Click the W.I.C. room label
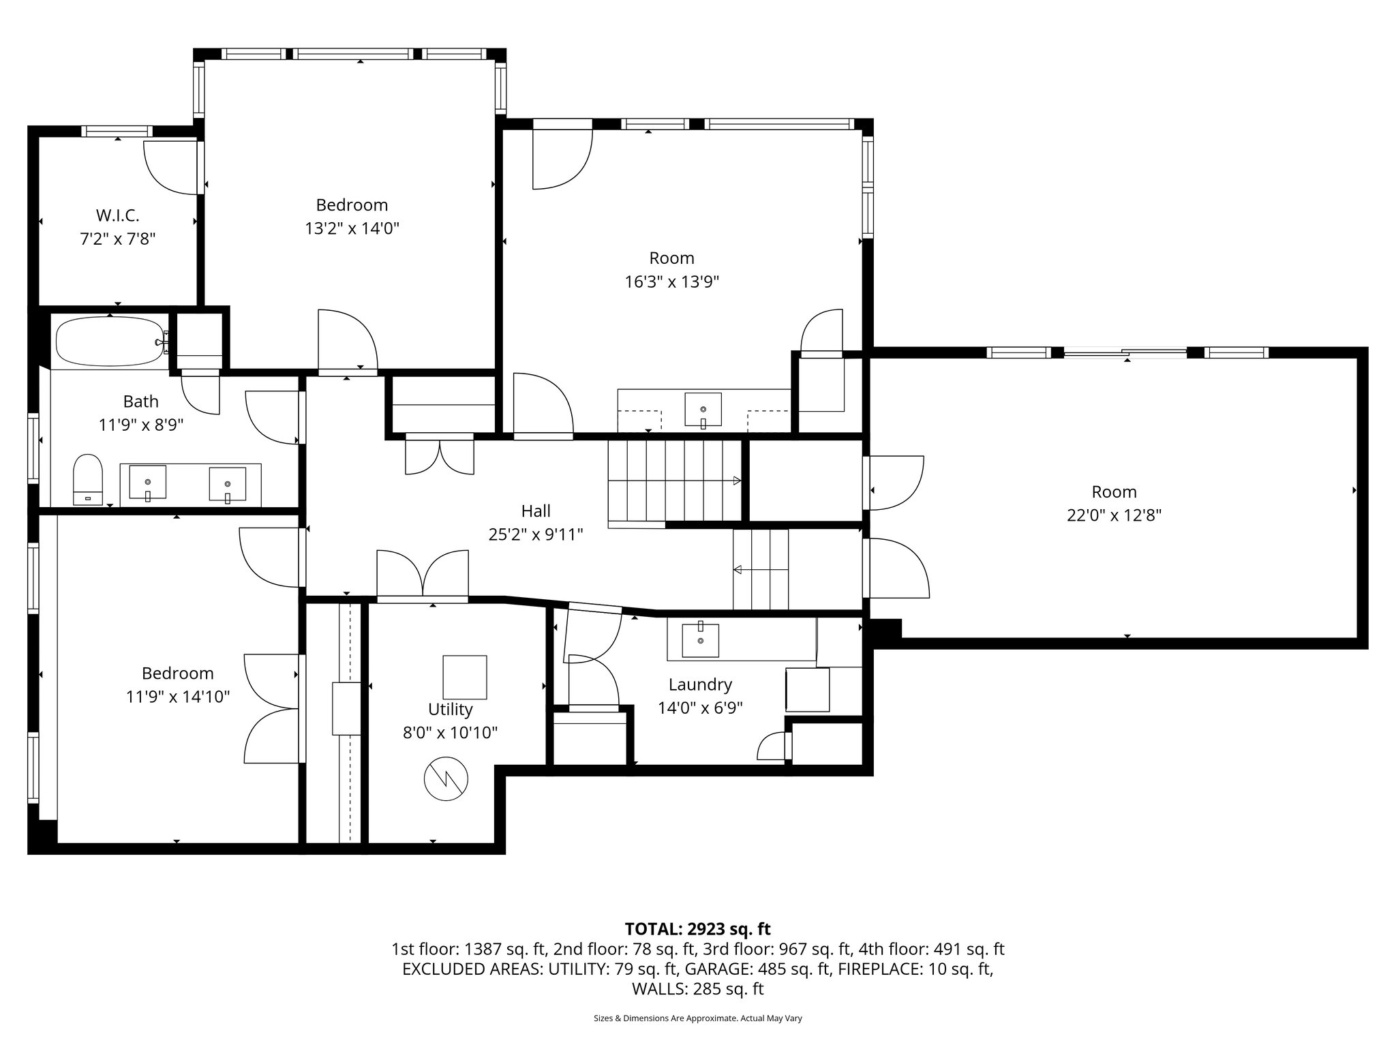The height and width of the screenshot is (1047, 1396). point(117,215)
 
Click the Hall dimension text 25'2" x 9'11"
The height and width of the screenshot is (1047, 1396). point(536,534)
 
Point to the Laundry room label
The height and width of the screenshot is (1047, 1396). point(700,684)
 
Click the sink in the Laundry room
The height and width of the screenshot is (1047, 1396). point(700,640)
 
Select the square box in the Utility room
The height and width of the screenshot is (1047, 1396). point(465,677)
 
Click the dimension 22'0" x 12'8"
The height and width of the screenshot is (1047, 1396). point(1114,515)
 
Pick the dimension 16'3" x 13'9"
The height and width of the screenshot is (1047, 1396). point(672,282)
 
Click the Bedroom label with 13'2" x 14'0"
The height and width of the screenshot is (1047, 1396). point(352,204)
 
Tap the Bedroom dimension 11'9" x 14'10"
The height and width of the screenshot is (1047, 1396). point(178,697)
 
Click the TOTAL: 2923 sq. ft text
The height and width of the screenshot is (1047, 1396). point(697,928)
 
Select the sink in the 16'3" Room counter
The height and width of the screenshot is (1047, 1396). point(703,409)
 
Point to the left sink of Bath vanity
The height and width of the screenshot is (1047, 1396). point(147,483)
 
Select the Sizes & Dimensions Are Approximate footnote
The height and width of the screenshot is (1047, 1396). point(697,1018)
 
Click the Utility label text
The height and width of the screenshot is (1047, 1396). point(450,709)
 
